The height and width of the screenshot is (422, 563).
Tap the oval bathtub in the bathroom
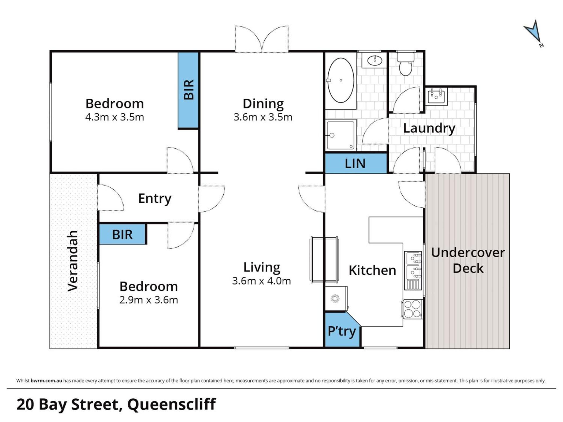(x=340, y=80)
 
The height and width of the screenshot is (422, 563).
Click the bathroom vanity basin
(x=374, y=60)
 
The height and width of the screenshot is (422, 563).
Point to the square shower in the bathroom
(x=341, y=135)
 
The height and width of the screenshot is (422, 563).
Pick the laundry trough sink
(x=436, y=96)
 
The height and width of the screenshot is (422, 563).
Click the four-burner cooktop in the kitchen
(x=412, y=309)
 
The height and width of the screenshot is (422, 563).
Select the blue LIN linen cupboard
(x=356, y=163)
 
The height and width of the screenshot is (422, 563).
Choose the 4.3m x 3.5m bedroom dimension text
(x=115, y=117)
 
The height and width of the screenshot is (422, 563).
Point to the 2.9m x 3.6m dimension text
(x=149, y=300)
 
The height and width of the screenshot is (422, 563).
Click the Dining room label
(x=263, y=104)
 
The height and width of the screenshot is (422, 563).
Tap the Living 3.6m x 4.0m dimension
(x=261, y=281)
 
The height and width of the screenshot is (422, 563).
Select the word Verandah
(x=73, y=261)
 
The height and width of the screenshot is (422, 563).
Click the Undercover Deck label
(x=468, y=260)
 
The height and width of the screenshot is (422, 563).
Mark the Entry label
(x=155, y=199)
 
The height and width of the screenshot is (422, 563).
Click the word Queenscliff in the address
(x=172, y=404)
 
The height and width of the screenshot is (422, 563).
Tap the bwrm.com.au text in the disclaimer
(x=46, y=380)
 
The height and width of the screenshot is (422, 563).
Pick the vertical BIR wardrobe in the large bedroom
(x=188, y=90)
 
